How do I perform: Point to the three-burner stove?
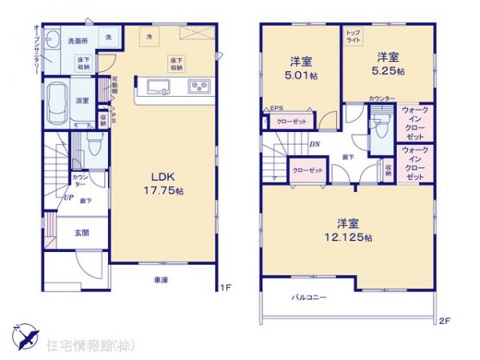point(198,86)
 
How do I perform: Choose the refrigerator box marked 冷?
point(149,36)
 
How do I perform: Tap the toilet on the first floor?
point(94,147)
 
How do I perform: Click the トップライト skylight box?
point(353,36)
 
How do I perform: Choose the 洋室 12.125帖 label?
point(352,230)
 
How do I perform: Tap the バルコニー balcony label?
point(309,297)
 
